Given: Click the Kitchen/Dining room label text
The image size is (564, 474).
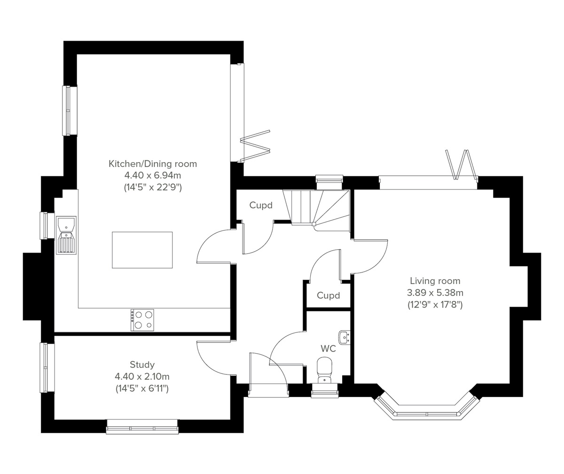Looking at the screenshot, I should click(153, 164).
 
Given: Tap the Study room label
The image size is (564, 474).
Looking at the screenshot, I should click(142, 364).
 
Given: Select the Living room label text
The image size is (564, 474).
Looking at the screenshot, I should click(435, 281).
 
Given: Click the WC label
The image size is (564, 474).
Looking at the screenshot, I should click(328, 348).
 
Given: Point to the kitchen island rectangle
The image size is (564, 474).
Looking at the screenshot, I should click(142, 250).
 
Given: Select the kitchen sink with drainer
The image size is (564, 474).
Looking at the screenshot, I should click(66, 235).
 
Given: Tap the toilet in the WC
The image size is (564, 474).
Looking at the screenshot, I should click(324, 369).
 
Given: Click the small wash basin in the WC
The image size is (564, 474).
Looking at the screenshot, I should click(345, 337).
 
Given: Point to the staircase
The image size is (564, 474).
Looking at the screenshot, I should click(320, 207).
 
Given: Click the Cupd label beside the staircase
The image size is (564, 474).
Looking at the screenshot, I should click(261, 205).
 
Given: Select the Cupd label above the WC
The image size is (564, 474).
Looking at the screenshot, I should click(328, 296).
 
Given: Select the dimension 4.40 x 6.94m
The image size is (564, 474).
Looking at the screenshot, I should click(153, 176).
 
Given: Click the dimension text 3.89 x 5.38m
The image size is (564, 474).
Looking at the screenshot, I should click(435, 292).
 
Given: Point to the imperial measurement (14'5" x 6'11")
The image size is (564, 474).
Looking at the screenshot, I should click(142, 388).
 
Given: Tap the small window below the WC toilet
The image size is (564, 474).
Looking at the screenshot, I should click(325, 390).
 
